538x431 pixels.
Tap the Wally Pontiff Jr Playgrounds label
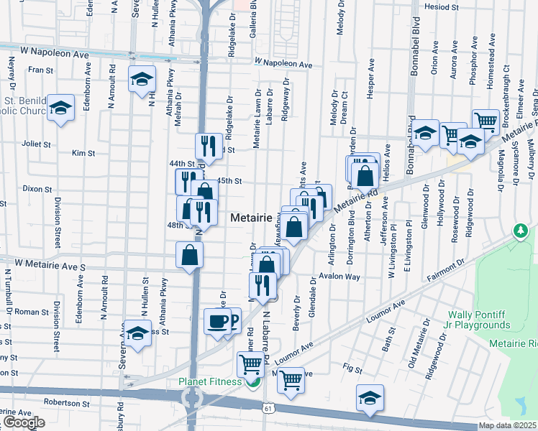click(x=489, y=320)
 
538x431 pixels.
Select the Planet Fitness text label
click(x=210, y=381)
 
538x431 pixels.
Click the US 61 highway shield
click(x=268, y=408)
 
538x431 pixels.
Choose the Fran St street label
click(x=41, y=70)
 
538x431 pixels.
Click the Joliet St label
click(x=41, y=144)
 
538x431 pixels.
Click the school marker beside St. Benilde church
click(x=60, y=108)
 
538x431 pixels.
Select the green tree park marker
click(x=519, y=231)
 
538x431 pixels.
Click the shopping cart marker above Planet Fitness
click(x=250, y=363)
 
